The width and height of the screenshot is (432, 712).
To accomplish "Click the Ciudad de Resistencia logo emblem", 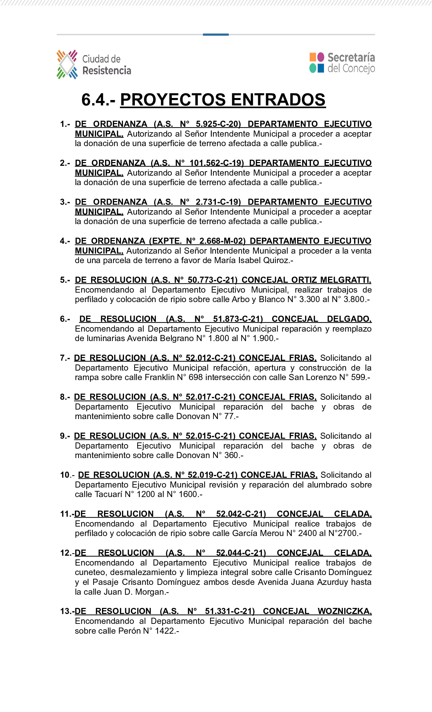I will point(67,64).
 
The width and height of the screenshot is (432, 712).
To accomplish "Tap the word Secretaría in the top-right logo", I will point(351,57).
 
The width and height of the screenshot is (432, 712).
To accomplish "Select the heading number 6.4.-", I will point(99,100).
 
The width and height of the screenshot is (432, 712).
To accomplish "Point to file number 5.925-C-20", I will point(218,124).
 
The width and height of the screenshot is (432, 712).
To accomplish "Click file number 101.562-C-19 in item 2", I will point(217,163).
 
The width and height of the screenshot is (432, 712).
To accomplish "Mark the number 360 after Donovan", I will point(231,455).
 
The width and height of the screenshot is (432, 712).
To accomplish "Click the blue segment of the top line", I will point(216,35).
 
